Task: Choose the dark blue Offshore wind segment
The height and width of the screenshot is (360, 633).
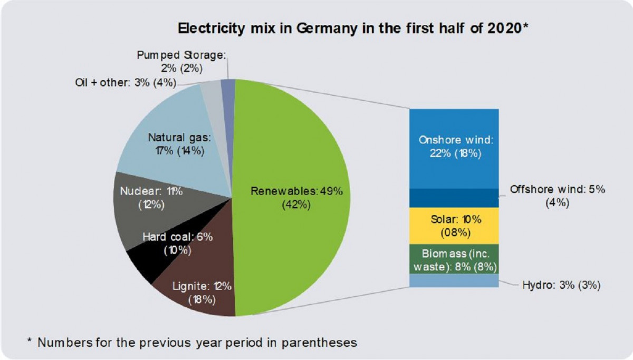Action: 454,198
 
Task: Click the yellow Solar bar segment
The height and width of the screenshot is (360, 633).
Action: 454,225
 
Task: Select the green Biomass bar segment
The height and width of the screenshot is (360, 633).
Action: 454,258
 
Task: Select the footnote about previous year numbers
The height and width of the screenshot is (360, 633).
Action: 192,342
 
